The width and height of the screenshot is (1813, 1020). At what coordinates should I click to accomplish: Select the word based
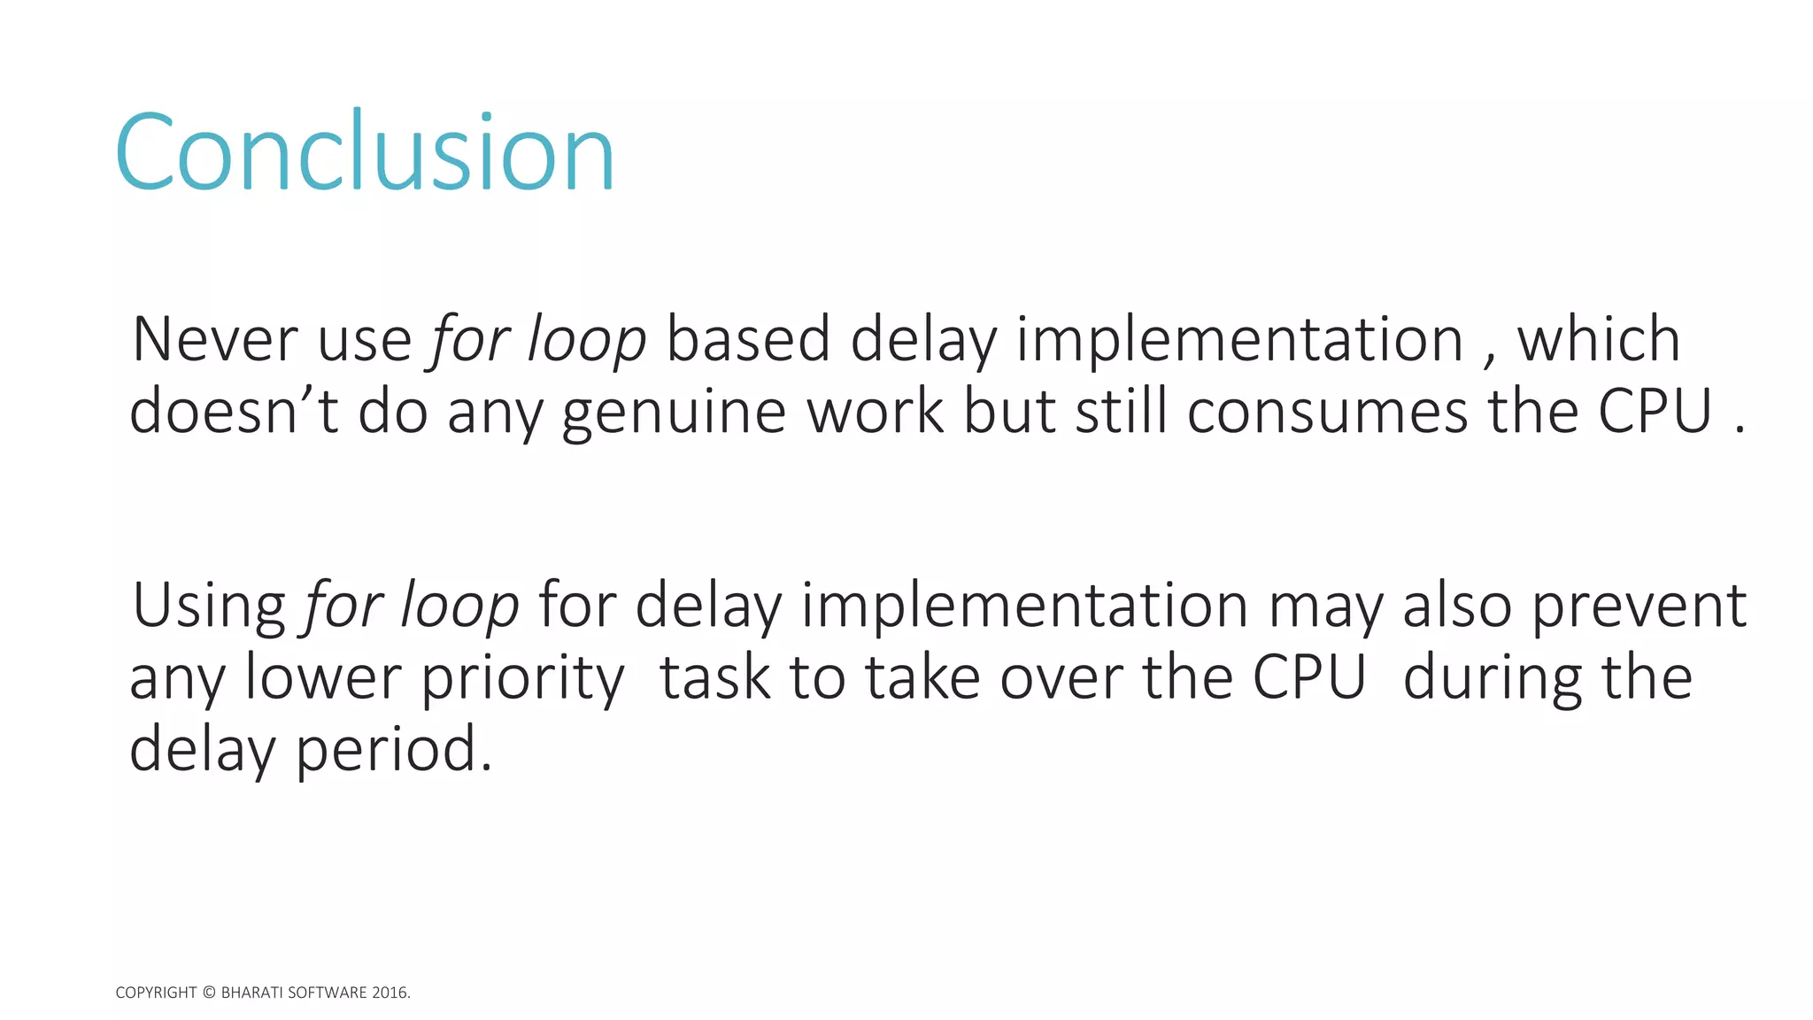tap(748, 339)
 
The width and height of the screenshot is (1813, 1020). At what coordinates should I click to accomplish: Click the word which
tap(1599, 339)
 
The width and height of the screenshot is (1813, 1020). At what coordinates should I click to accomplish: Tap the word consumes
tap(1327, 413)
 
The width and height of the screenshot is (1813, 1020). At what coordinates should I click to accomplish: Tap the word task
tap(715, 678)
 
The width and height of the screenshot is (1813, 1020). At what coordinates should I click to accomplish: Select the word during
tap(1493, 680)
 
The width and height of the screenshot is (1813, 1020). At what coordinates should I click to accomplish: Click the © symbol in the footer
tap(209, 993)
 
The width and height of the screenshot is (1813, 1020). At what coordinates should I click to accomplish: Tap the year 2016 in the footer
tap(390, 993)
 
